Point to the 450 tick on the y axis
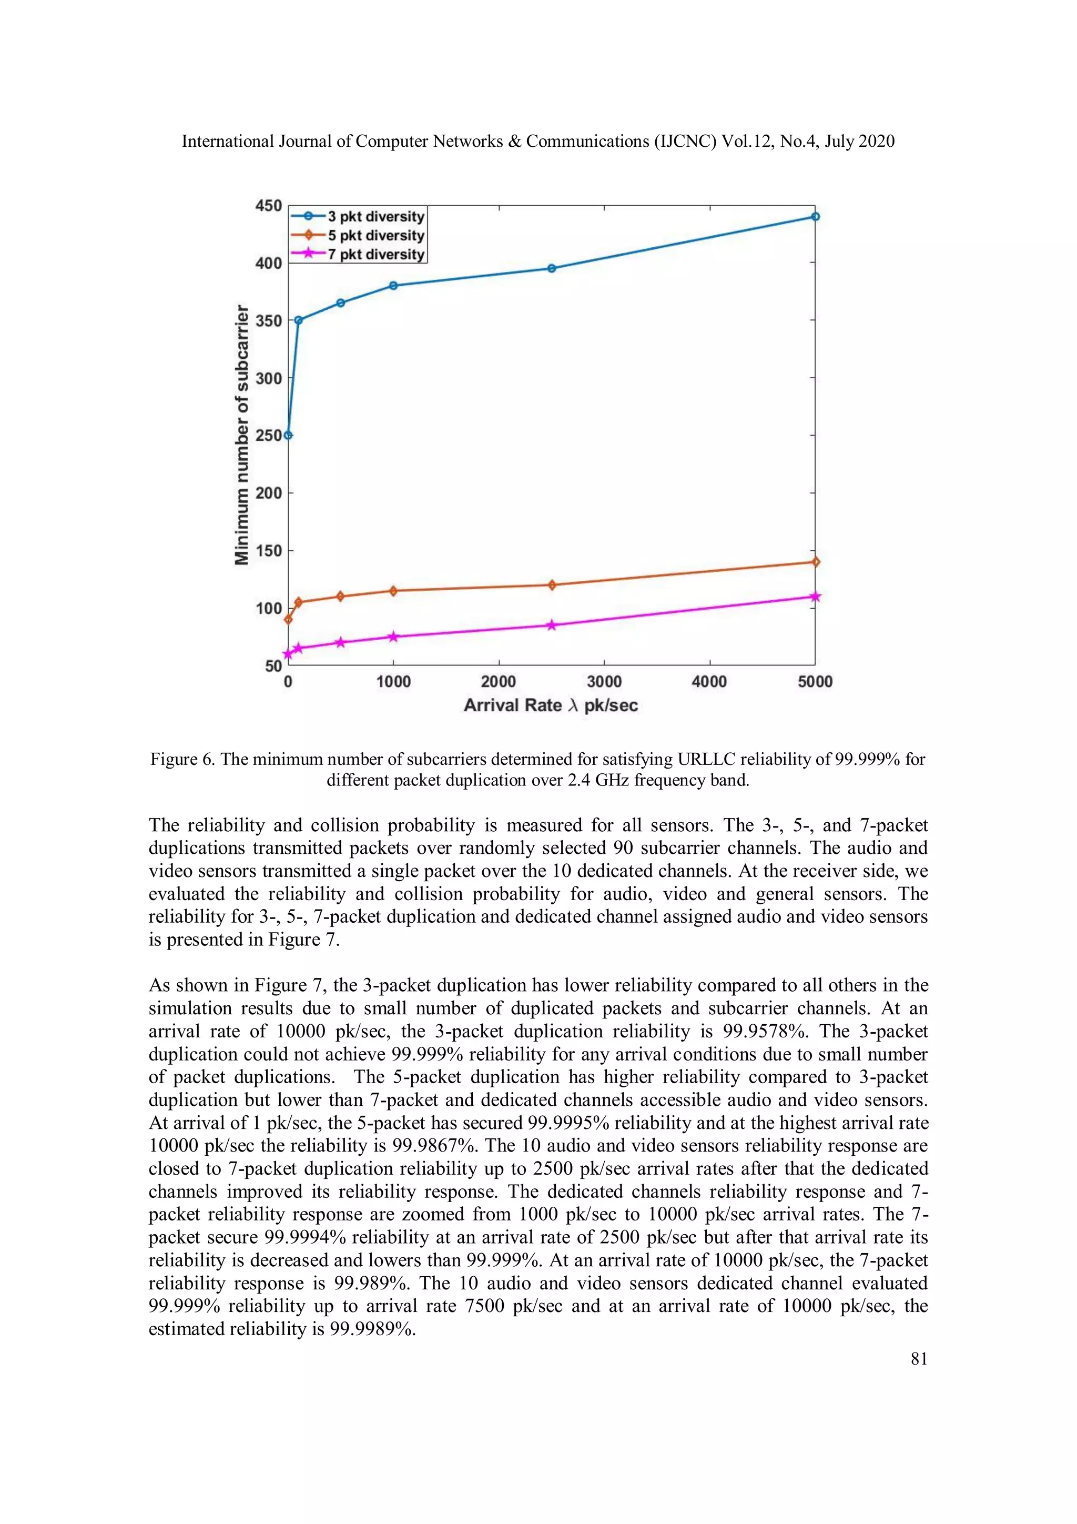[x=269, y=206]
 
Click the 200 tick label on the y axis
[x=269, y=493]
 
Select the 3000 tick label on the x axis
[x=604, y=682]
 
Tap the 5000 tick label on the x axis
[x=815, y=682]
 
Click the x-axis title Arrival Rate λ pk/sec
[x=551, y=705]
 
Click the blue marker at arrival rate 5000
[x=816, y=216]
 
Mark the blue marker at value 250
[x=288, y=436]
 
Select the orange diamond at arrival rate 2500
[x=552, y=585]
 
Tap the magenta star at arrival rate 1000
[x=393, y=637]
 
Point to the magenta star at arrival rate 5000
[x=816, y=597]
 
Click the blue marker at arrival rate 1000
[x=393, y=286]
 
